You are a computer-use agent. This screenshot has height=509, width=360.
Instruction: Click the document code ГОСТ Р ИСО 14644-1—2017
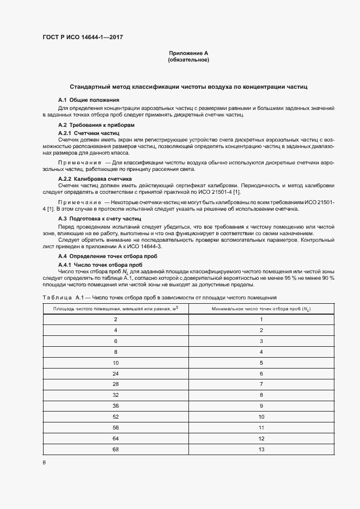tap(80, 38)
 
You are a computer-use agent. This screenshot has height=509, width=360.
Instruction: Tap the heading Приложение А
tap(188, 53)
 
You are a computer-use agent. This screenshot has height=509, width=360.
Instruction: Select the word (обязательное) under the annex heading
tap(188, 60)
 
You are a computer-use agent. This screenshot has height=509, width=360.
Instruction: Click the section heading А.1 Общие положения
tap(88, 100)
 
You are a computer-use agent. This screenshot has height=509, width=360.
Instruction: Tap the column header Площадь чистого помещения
tap(115, 309)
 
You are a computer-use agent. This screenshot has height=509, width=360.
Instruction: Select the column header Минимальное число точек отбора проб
tap(261, 309)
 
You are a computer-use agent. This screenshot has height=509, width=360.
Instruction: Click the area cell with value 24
tap(115, 374)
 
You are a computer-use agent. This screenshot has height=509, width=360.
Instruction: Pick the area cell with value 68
tap(115, 449)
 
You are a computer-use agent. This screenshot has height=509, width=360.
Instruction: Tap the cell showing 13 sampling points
tap(261, 449)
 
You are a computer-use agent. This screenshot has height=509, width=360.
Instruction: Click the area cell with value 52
tap(115, 417)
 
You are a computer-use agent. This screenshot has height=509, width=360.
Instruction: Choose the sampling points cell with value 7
tap(261, 385)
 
